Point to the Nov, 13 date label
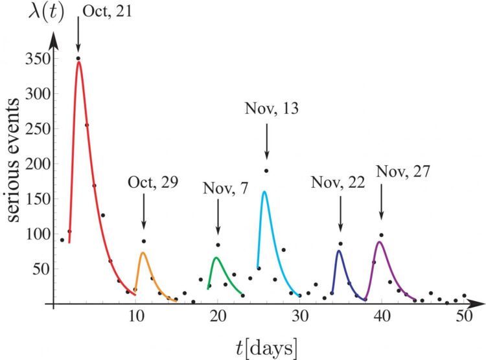coord(272,109)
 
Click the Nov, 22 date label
coord(338,182)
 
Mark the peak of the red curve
coord(79,63)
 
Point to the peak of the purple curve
coord(381,242)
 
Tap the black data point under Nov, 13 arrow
coord(266,170)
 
